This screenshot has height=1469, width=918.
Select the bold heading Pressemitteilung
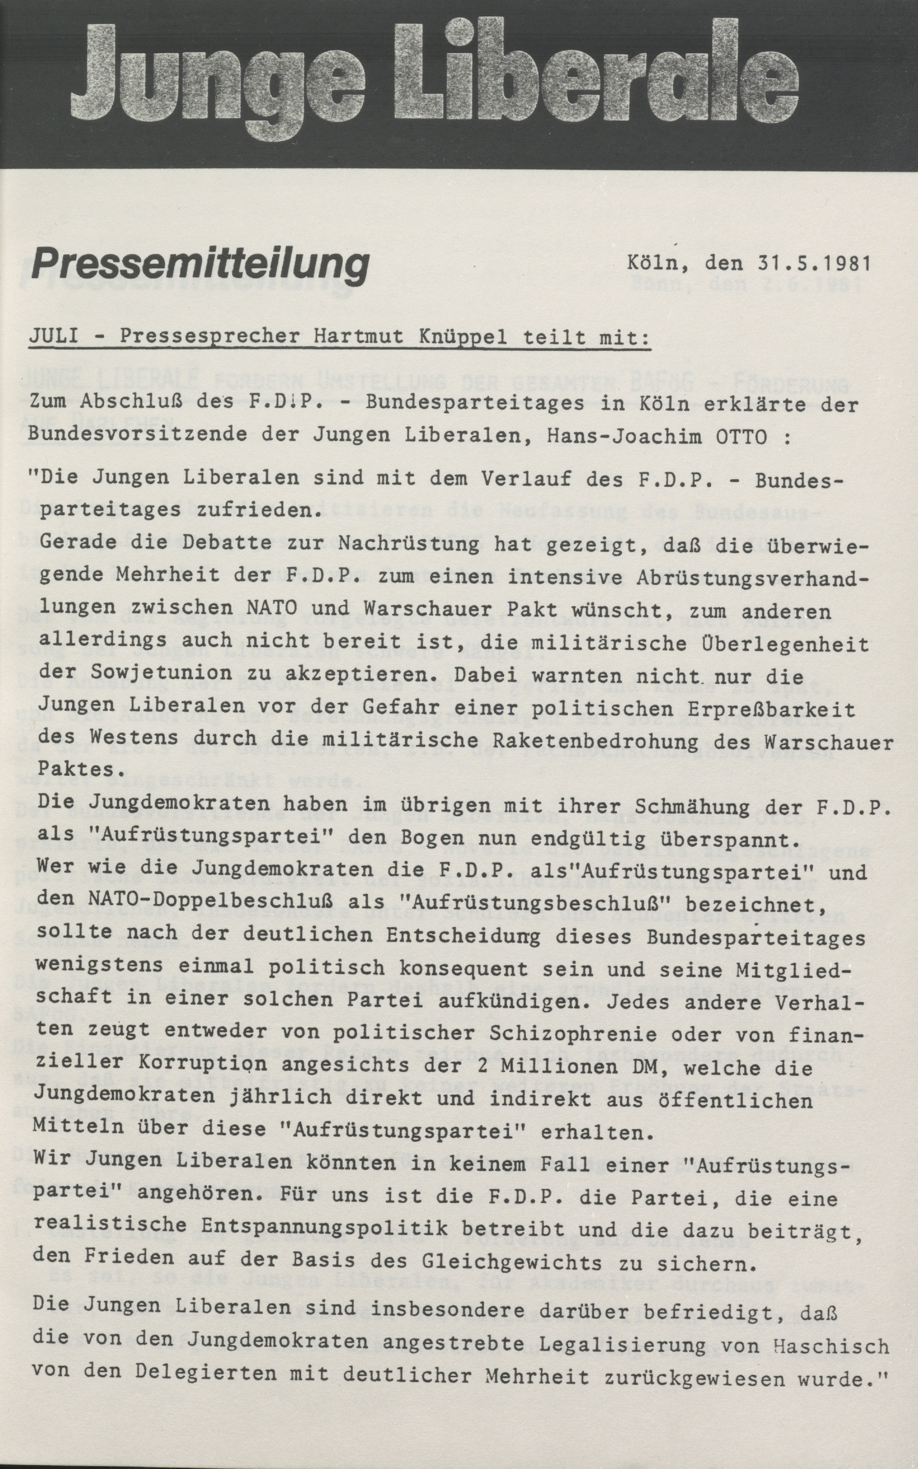click(x=200, y=265)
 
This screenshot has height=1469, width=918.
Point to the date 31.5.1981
click(x=814, y=264)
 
